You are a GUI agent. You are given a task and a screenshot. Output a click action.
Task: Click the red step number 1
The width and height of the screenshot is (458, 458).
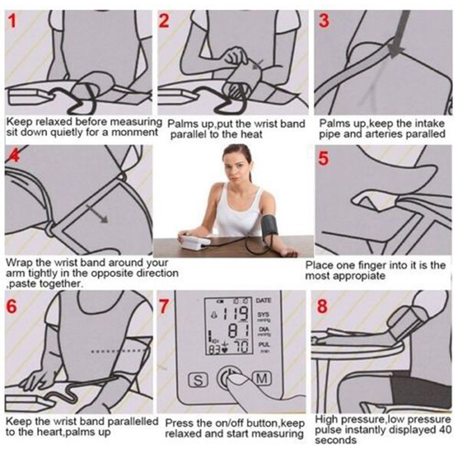(x=12, y=21)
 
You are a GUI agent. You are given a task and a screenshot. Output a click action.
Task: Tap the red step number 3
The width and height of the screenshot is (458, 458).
(x=324, y=21)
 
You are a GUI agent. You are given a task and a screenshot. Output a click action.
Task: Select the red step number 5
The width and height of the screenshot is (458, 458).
(x=323, y=159)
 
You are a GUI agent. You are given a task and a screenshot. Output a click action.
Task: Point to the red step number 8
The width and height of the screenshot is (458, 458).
(x=322, y=306)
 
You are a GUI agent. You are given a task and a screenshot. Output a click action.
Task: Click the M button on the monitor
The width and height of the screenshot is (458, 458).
(x=262, y=378)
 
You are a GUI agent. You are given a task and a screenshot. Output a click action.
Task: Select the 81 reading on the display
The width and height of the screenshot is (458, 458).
(x=238, y=331)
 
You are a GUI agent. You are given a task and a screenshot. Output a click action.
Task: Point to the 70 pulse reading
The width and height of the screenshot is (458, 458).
(x=241, y=347)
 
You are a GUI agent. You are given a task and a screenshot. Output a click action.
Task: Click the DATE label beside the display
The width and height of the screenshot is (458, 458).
(x=263, y=301)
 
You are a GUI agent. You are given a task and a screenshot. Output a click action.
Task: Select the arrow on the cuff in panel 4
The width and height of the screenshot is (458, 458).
(x=97, y=214)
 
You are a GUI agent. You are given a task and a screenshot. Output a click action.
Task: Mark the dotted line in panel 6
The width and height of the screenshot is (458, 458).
(x=119, y=351)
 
